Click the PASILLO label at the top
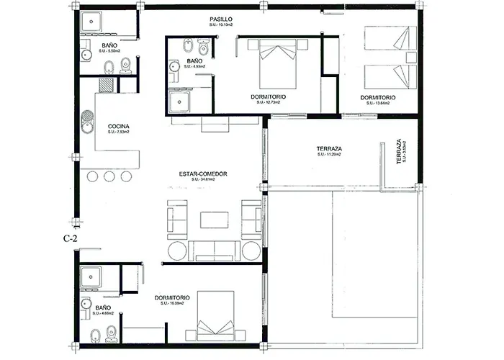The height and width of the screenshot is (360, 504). point(221,19)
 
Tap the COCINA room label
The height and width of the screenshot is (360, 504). point(119,125)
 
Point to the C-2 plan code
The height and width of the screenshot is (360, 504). point(70,237)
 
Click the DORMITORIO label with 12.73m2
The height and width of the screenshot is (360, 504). point(269,96)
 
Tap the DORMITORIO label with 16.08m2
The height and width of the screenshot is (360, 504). point(173,297)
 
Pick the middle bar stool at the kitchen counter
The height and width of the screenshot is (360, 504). point(109,176)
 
